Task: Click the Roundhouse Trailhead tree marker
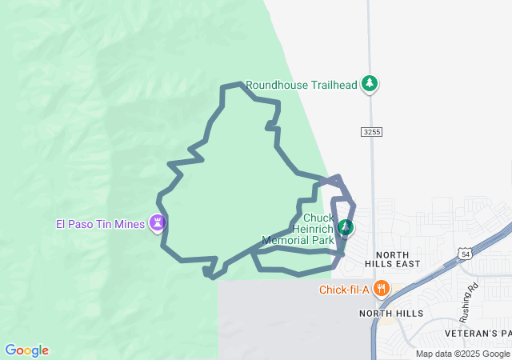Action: click(x=369, y=83)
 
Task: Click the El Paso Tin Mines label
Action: click(x=100, y=224)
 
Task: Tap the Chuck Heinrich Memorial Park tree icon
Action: click(x=345, y=228)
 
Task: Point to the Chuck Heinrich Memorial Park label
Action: click(x=301, y=229)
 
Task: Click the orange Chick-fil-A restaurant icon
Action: click(x=381, y=289)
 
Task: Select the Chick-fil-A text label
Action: click(x=342, y=290)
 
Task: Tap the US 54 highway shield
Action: click(x=466, y=254)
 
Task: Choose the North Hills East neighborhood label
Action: click(x=392, y=258)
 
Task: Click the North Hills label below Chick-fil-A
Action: click(x=390, y=314)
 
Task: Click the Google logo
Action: click(x=26, y=350)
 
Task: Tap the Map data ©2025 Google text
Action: click(x=462, y=354)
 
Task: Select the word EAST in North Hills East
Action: click(x=407, y=263)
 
